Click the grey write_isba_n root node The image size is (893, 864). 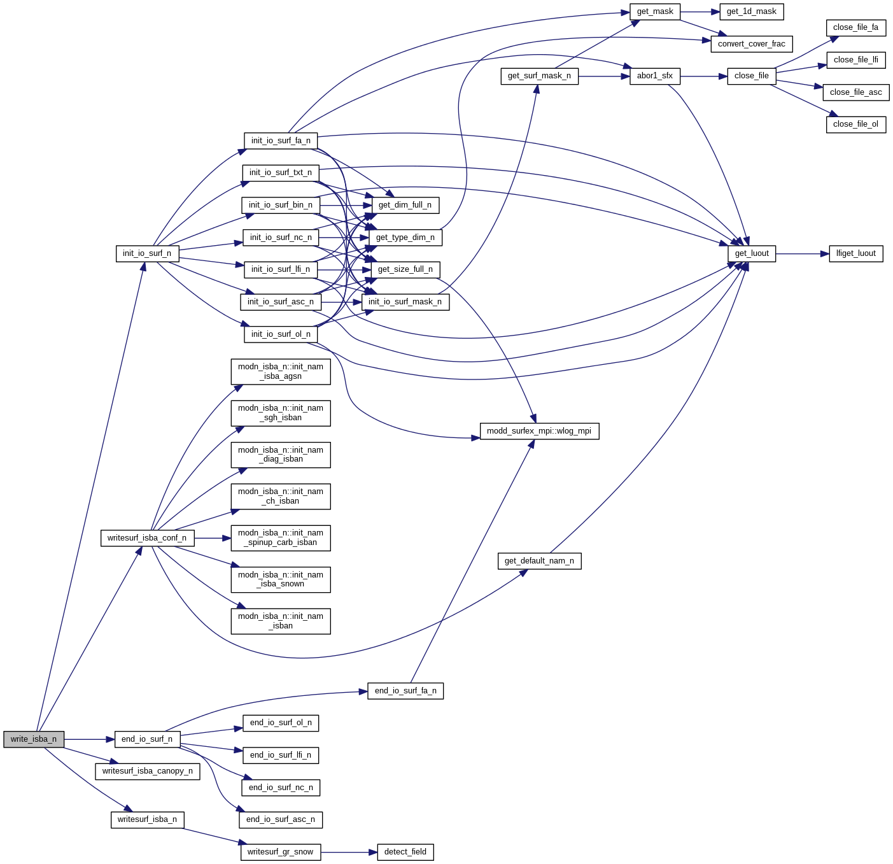click(34, 739)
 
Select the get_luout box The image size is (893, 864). click(752, 253)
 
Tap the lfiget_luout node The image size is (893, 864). click(855, 253)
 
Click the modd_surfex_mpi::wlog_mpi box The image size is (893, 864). click(539, 431)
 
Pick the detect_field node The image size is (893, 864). click(405, 852)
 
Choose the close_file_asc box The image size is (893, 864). click(855, 92)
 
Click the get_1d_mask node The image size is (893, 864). click(751, 11)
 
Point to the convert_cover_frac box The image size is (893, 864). click(751, 44)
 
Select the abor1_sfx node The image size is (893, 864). click(654, 76)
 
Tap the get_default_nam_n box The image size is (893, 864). click(539, 561)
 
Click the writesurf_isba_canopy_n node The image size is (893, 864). click(148, 771)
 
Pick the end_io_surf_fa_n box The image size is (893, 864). click(405, 691)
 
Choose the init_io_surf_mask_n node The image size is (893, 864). click(405, 302)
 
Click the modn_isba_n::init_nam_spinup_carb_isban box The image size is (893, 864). click(281, 538)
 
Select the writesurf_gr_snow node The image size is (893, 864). click(281, 852)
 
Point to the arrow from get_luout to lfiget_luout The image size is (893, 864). click(802, 253)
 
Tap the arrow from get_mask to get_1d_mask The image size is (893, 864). click(700, 11)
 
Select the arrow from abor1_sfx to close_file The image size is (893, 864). click(703, 76)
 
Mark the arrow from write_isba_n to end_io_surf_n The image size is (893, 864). click(89, 739)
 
